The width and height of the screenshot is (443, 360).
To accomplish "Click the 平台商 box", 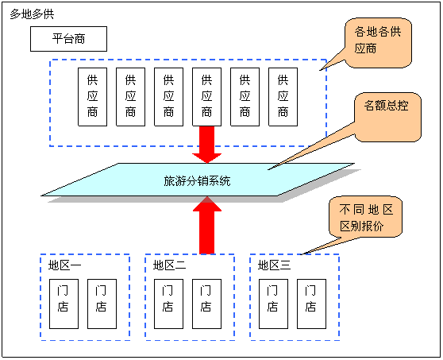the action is pos(68,39).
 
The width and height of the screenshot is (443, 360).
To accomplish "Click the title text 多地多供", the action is pos(32,14).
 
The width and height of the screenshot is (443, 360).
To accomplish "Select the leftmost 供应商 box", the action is pos(92,97).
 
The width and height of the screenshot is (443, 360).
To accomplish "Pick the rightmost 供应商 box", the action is pos(283,97).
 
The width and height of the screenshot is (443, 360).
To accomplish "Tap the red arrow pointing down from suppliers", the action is pos(206,144).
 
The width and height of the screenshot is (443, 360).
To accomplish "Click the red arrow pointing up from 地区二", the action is pos(207,225).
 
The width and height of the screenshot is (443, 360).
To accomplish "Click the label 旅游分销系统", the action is pos(197,181).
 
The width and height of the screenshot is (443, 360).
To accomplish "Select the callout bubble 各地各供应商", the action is pos(378,43).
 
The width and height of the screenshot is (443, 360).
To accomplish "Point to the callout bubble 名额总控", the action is pos(387,117).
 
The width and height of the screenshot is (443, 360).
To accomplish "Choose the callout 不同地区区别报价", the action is pos(365,217).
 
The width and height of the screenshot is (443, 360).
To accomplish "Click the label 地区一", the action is pos(64,265).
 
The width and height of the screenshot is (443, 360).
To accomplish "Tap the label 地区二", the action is pos(170,265).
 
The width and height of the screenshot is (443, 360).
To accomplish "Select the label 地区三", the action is pos(275,265).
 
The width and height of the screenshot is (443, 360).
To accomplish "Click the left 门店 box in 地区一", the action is pos(64,304).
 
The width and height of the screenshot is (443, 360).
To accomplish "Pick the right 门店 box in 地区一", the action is pos(102,304).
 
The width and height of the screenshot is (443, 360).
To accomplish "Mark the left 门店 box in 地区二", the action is pos(168,304).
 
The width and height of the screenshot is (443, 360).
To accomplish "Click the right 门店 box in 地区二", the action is pos(206,304).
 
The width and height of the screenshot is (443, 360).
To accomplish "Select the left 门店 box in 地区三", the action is pos(273,304).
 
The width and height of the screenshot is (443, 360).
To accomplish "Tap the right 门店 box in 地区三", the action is pos(312,304).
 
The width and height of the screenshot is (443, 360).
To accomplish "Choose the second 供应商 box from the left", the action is pos(130,97).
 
